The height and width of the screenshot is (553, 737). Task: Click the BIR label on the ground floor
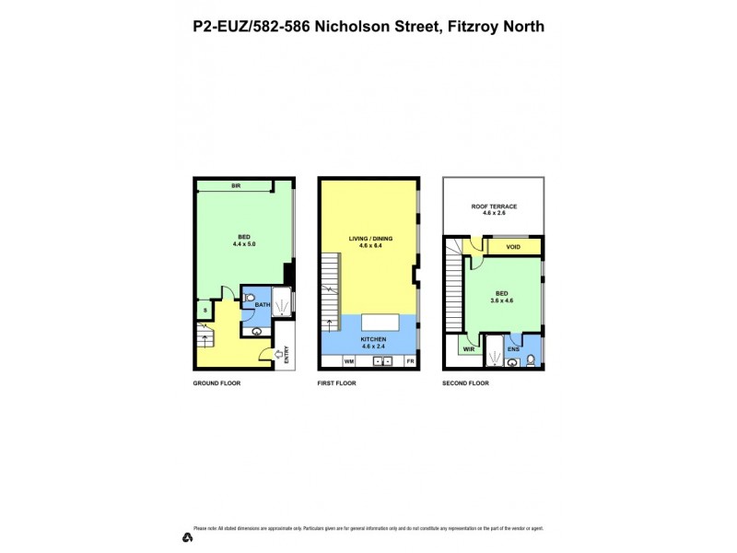click(x=236, y=186)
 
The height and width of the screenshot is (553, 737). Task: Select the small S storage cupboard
click(x=205, y=311)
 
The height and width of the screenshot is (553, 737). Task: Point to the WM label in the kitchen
click(x=335, y=360)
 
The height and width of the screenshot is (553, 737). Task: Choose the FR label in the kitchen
click(x=410, y=360)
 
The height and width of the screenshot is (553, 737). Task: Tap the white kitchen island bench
click(x=380, y=322)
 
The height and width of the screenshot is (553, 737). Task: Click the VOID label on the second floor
click(x=513, y=247)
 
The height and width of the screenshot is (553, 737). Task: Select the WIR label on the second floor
click(x=469, y=349)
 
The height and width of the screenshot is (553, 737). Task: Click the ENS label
click(x=513, y=349)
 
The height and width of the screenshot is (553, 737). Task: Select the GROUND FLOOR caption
click(x=216, y=382)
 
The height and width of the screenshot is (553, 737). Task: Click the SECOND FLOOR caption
click(x=466, y=382)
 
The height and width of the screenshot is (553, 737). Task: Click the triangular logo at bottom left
click(x=186, y=537)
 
